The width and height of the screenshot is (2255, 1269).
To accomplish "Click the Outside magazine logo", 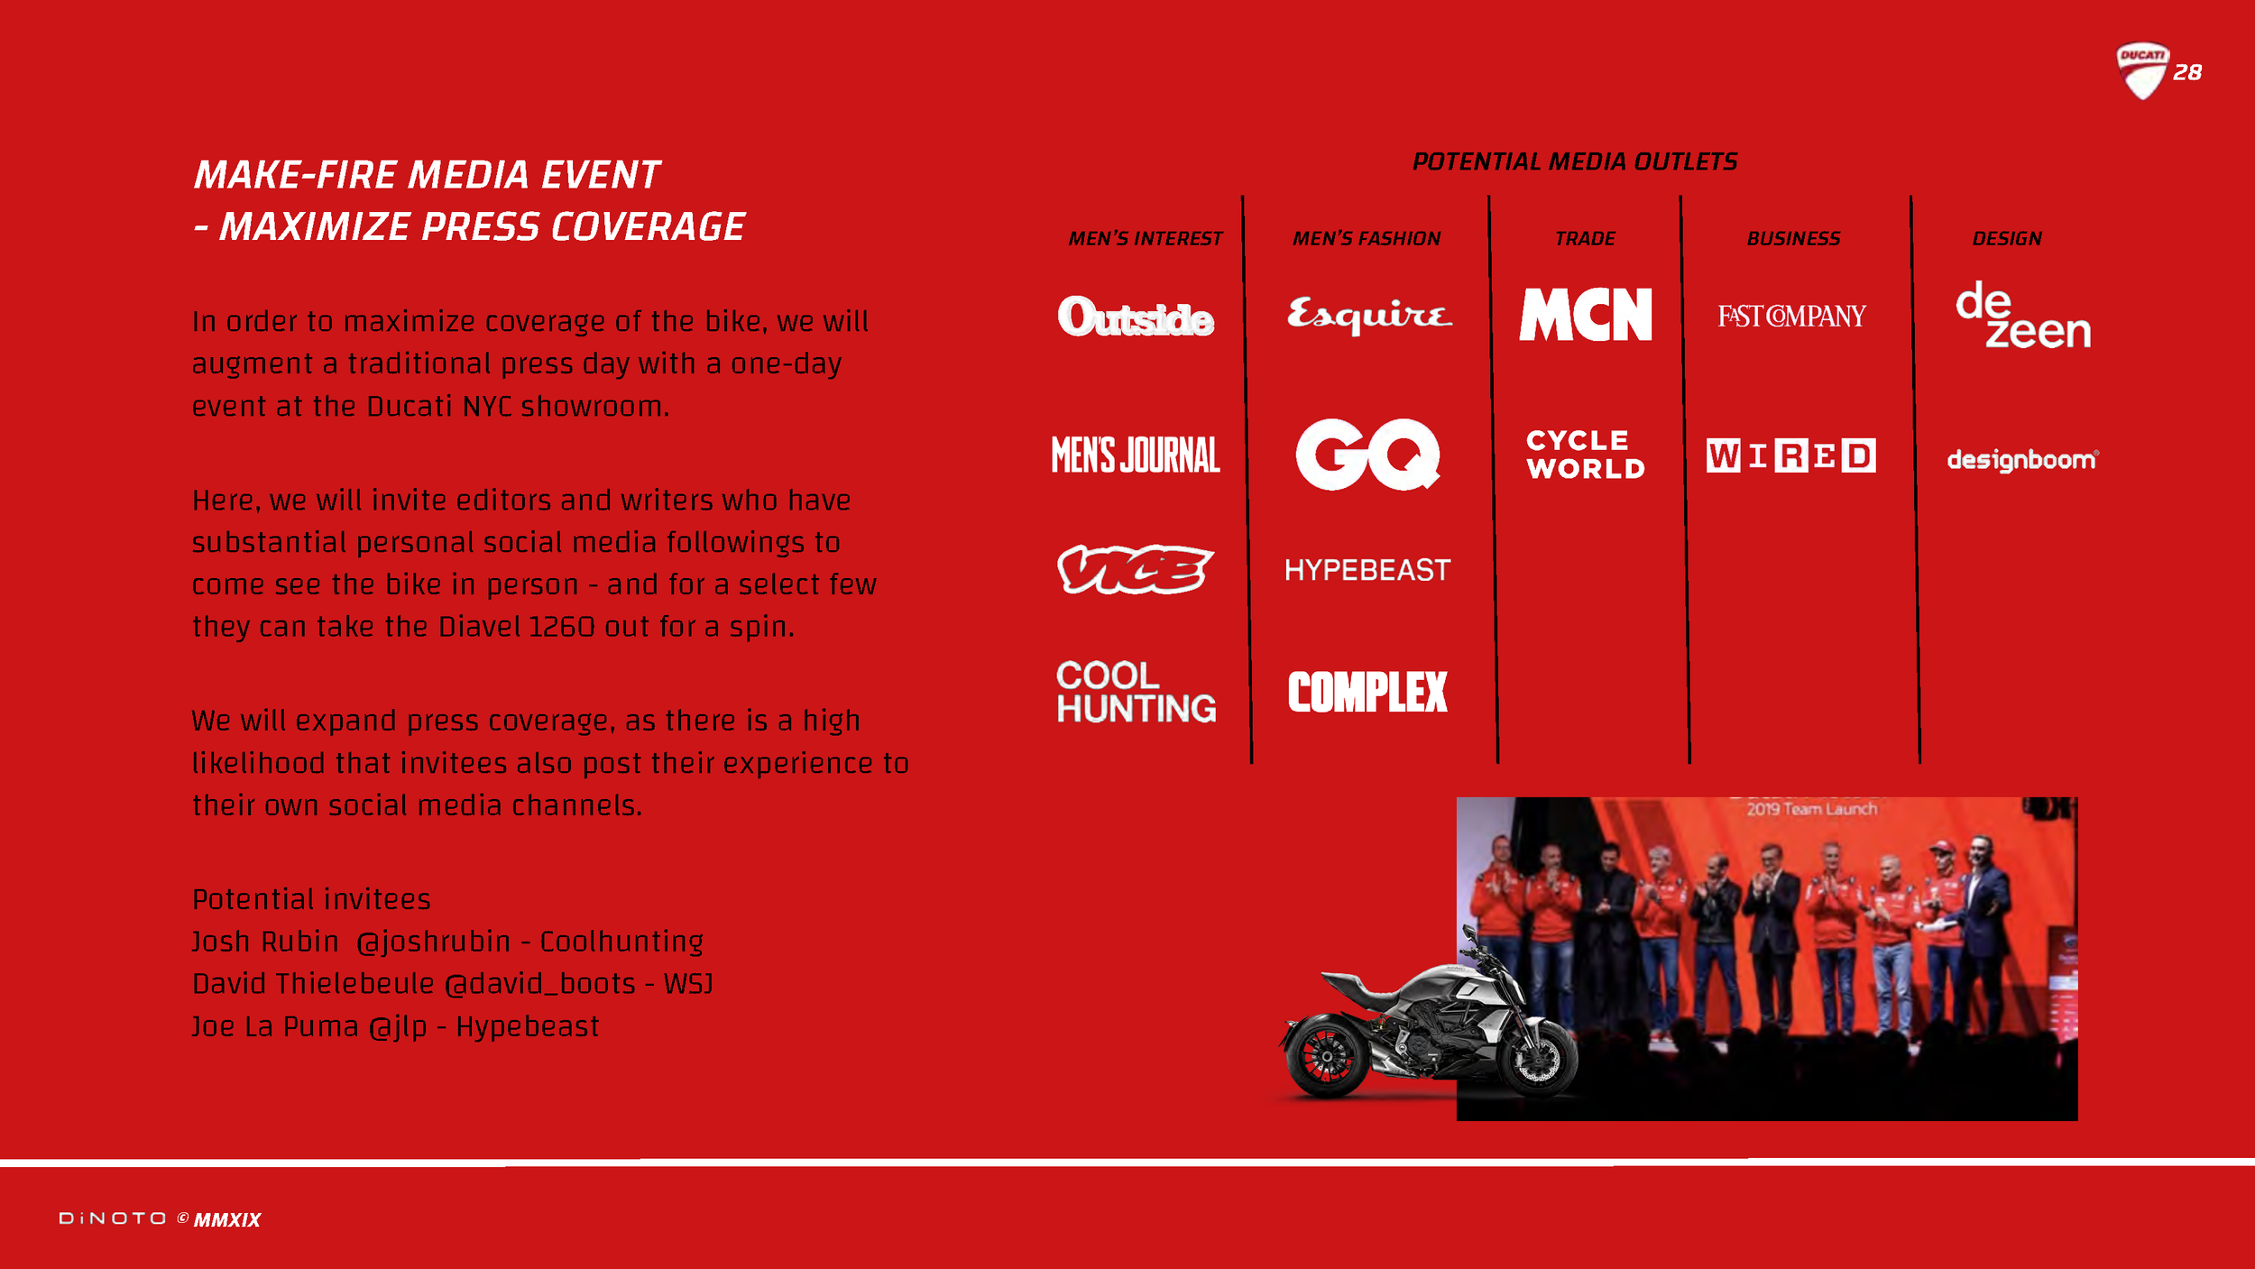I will point(1136,317).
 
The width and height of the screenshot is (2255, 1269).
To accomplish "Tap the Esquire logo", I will point(1368,315).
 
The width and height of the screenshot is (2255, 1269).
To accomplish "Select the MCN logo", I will point(1585,315).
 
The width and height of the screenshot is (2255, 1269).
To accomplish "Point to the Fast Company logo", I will point(1791,317).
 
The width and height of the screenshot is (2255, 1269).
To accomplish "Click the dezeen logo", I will point(2022,315).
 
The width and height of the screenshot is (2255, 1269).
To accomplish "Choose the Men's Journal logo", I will point(1136,455).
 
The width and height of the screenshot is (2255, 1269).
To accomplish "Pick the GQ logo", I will point(1367,455).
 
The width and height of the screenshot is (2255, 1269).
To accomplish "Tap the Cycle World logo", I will point(1585,455).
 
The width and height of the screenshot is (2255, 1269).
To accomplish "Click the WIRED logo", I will point(1790,455).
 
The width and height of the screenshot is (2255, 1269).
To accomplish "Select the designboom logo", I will point(2022,460).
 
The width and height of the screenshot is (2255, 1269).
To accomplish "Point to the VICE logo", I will point(1135,569).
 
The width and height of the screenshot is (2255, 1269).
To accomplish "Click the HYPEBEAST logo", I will point(1367,570).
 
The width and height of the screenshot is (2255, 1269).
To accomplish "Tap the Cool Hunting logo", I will point(1136,692).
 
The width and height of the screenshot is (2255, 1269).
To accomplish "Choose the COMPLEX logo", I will point(1367,692).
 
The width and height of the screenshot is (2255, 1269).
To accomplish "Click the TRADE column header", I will point(1585,239).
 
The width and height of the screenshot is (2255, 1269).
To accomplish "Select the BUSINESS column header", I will point(1793,239).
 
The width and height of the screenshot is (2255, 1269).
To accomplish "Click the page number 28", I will point(2187,73).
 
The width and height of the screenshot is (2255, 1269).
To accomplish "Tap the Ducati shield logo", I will point(2141,70).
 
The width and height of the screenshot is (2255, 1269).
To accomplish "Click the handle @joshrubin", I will point(434,942).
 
